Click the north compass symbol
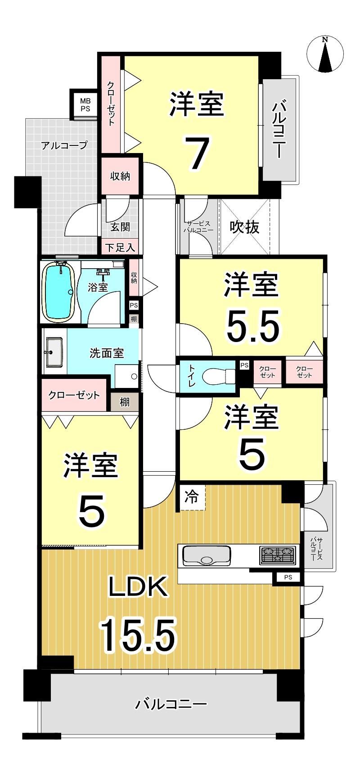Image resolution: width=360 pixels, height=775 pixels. (325, 54)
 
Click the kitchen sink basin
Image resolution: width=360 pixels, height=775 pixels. (207, 556)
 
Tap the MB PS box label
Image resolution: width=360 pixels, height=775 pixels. (85, 105)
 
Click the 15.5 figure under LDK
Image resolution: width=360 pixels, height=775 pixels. (137, 635)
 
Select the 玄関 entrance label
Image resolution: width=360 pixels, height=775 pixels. (120, 227)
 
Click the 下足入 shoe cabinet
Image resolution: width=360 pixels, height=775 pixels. (120, 247)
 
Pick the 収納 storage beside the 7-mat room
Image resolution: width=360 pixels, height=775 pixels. (120, 176)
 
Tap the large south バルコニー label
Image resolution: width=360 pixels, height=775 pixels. (171, 703)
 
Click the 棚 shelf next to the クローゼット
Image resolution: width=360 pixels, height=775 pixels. (125, 401)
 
